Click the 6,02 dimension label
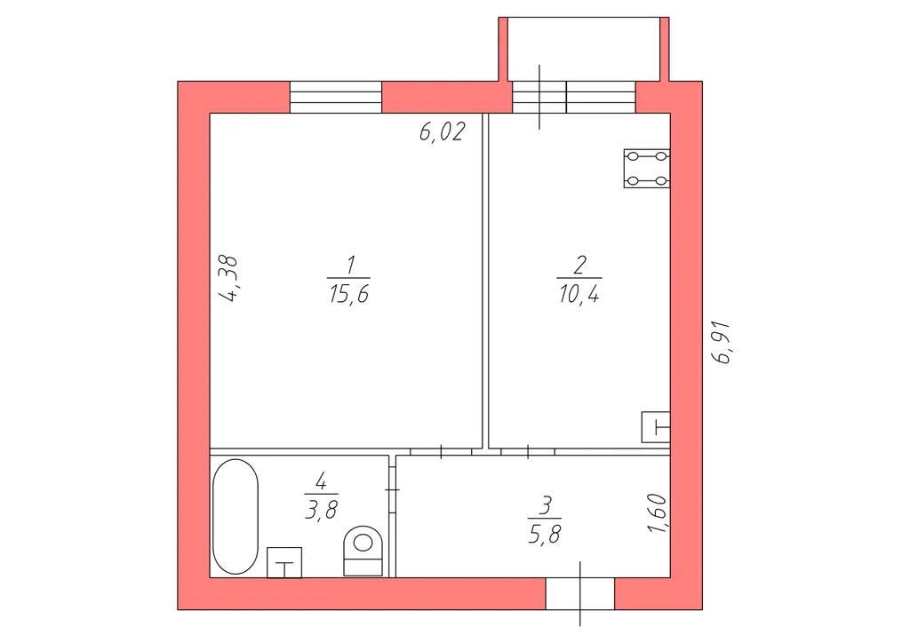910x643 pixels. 443,131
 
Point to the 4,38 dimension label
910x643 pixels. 228,278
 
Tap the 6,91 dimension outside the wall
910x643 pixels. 723,342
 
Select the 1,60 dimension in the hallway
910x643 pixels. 657,513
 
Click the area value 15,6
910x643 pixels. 348,294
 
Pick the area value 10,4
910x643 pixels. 579,294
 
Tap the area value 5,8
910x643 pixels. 545,534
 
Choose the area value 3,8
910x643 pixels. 321,510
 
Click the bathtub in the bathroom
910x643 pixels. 235,517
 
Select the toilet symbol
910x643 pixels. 363,551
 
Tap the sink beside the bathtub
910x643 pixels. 284,562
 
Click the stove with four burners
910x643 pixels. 647,168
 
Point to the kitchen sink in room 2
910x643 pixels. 656,427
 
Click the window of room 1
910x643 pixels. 336,97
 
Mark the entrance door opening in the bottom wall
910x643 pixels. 579,594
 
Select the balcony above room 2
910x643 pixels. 584,49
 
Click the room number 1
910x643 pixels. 350,266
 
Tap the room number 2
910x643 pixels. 579,266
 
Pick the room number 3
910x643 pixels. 545,505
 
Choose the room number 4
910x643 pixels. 321,481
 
